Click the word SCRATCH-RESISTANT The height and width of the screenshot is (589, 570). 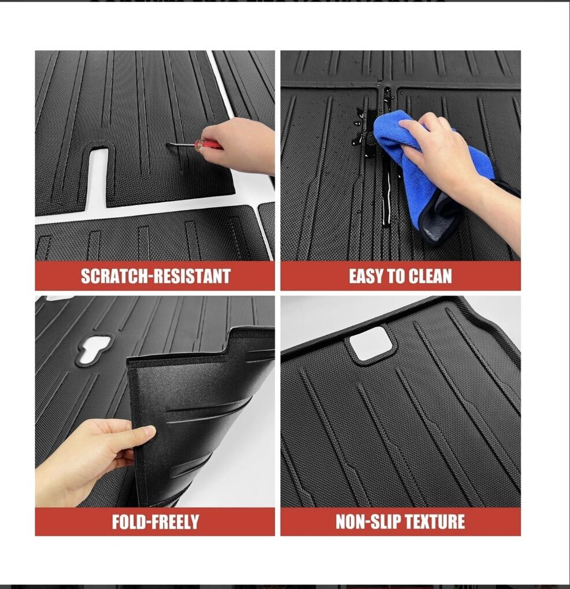[x=156, y=276]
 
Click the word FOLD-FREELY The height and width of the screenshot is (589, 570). [x=156, y=522]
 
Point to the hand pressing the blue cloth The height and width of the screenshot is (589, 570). [x=451, y=158]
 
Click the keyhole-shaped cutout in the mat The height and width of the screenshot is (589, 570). [x=94, y=349]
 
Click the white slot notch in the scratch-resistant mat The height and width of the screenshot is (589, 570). [x=99, y=177]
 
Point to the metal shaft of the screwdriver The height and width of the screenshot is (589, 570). [x=181, y=144]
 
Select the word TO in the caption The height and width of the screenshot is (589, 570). [x=395, y=276]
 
